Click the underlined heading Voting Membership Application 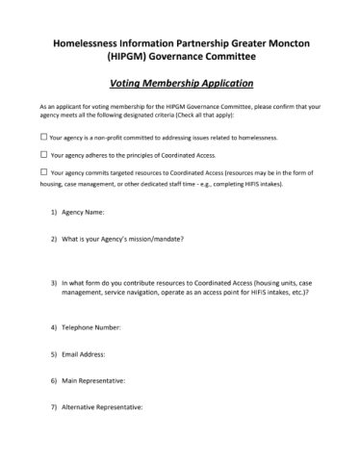click(180, 84)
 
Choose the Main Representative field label click(97, 380)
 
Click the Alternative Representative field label click(105, 406)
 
